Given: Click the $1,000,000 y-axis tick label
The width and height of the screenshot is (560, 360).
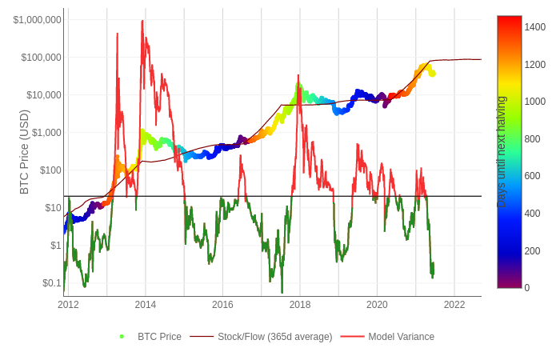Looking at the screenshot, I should coord(37,20).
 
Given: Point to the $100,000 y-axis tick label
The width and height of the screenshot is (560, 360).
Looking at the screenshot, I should coord(41,58).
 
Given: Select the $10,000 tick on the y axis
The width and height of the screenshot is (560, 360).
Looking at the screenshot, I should coord(43,95).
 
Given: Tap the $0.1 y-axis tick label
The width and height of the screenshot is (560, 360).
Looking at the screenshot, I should coord(51,283).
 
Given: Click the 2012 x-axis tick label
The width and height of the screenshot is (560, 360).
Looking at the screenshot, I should coord(68,305).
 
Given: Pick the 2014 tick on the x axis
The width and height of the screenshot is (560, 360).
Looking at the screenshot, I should coord(146,305).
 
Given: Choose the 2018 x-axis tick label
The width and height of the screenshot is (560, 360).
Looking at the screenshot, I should coord(300,305).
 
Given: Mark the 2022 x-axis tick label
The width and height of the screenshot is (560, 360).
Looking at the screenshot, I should coord(454,305).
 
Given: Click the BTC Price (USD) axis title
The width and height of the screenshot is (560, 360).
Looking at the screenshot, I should coord(24,152).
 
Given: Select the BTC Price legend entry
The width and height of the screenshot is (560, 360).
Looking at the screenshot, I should coord(159,337).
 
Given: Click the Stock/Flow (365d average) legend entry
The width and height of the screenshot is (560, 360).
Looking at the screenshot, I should coord(274,337).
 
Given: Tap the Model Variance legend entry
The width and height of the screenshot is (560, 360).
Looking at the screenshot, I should coord(401,337).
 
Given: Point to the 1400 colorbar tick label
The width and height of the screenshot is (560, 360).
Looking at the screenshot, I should coord(535,27).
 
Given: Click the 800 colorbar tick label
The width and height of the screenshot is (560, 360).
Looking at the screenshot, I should coord(533,139).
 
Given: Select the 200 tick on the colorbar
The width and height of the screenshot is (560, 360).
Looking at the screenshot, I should coord(533,251).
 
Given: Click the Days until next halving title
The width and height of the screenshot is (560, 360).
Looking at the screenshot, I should coord(502,152).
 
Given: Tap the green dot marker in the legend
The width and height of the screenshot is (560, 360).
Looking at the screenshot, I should coord(122,337).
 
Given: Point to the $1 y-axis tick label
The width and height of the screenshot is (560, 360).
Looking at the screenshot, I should coord(56,246).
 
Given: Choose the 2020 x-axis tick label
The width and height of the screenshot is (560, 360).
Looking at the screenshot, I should coord(377,305).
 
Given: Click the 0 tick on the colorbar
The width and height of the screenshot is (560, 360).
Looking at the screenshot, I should coord(527,288).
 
